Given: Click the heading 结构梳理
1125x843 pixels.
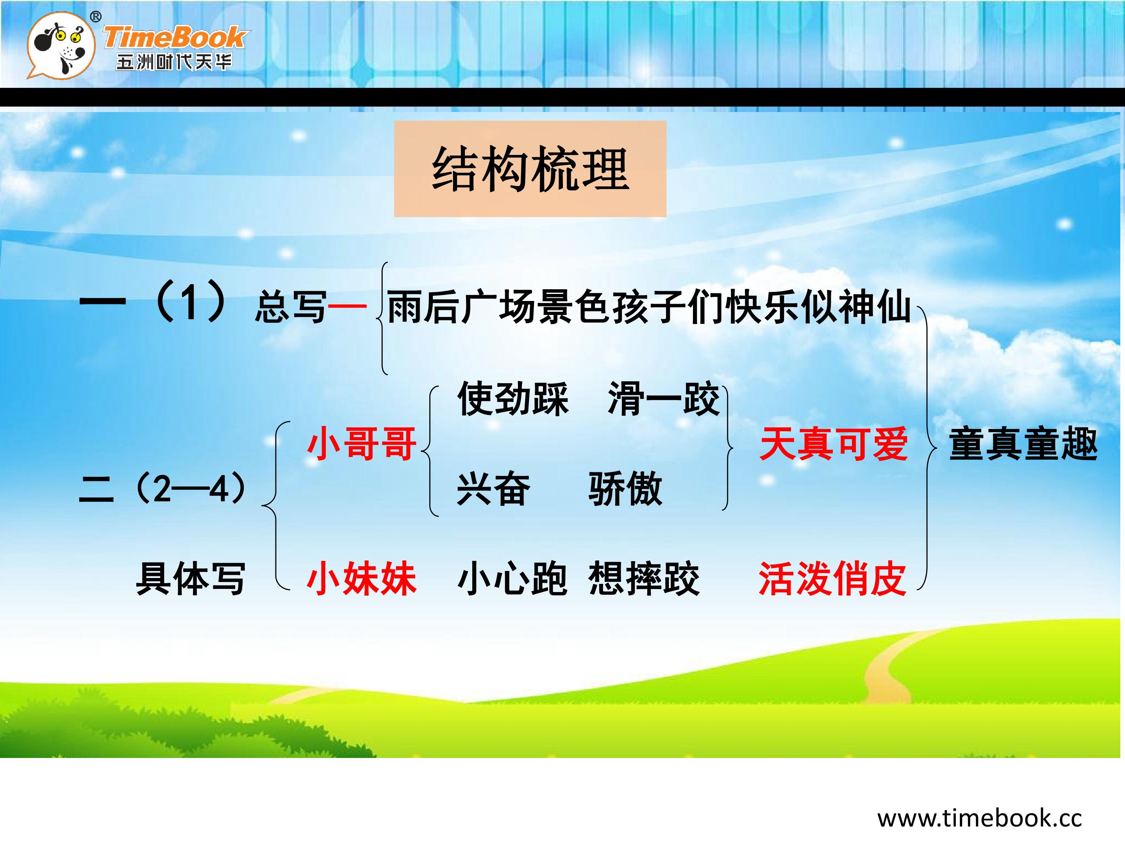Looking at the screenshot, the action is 530,169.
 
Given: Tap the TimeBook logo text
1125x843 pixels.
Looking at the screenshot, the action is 175,37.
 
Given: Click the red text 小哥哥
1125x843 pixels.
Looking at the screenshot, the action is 362,444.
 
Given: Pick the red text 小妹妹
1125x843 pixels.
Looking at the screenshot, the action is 362,578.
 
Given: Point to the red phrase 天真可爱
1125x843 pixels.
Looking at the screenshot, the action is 834,444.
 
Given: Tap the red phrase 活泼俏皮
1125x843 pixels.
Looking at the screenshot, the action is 832,578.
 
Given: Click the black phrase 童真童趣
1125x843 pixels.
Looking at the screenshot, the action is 1023,444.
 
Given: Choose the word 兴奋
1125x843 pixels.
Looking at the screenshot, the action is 493,489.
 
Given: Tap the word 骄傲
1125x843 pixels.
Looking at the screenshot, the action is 625,489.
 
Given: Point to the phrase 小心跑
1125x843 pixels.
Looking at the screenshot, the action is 512,578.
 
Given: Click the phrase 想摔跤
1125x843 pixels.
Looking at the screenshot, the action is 644,578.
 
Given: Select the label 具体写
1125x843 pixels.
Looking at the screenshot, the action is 191,578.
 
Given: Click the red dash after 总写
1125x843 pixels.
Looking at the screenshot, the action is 347,306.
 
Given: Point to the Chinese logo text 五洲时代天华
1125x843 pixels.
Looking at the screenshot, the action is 173,62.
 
